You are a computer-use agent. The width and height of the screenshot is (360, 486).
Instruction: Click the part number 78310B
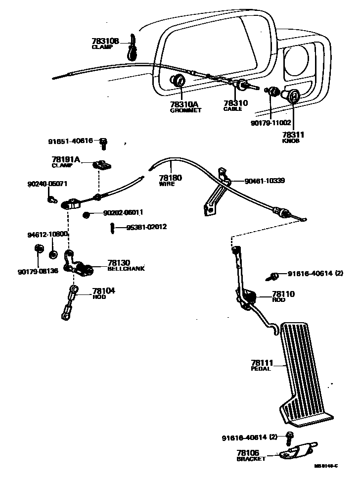[x=105, y=41]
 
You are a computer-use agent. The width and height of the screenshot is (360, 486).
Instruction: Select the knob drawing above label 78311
[x=292, y=97]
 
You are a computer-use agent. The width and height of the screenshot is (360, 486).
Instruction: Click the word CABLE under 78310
[x=232, y=109]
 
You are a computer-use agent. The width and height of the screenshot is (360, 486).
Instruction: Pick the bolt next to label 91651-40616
[x=103, y=143]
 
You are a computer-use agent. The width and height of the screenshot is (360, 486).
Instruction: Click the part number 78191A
[x=66, y=159]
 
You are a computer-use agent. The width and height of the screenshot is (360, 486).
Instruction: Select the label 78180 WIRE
[x=170, y=180]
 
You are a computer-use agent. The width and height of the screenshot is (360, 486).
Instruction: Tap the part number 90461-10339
[x=264, y=181]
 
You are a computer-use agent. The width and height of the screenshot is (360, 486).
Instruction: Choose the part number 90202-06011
[x=123, y=213]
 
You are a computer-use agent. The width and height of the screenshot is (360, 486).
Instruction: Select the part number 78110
[x=283, y=294]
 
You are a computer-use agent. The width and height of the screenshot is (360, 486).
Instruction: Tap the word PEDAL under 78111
[x=261, y=369]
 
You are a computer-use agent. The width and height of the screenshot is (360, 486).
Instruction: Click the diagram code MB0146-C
[x=326, y=466]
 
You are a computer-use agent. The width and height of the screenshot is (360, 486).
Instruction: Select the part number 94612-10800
[x=47, y=234]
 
